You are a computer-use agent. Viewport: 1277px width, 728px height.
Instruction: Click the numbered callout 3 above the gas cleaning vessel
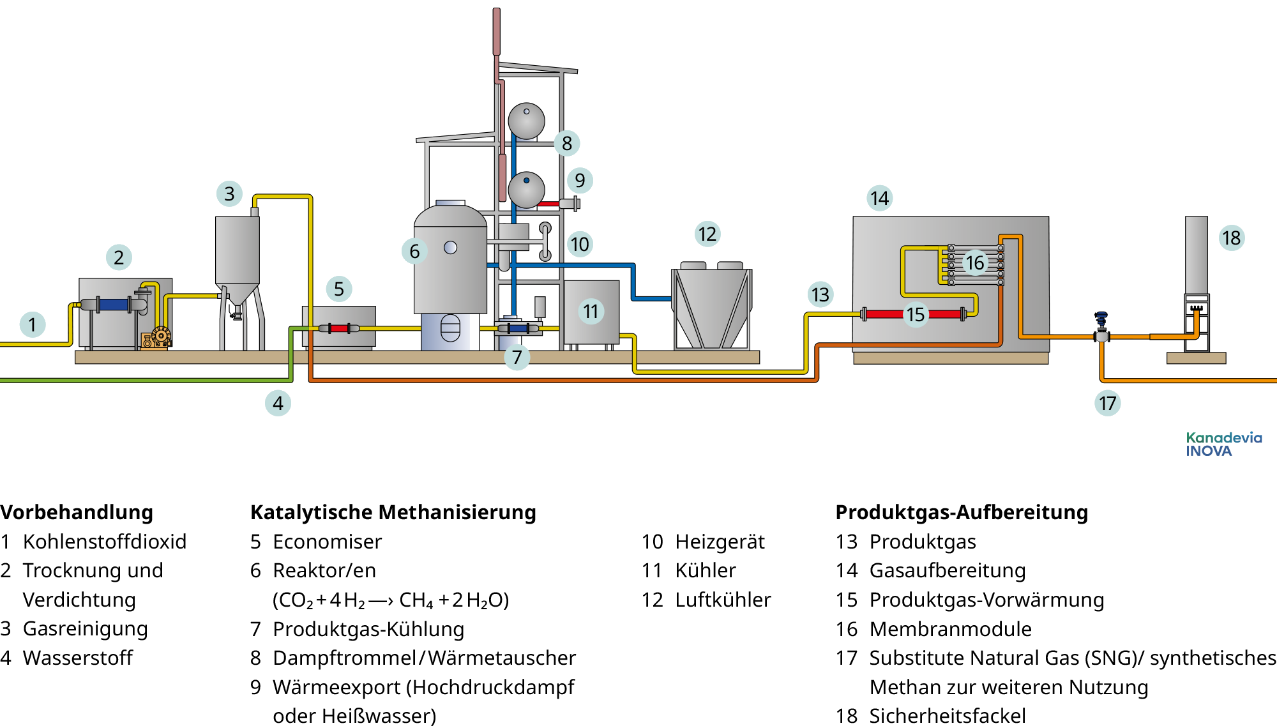(x=229, y=193)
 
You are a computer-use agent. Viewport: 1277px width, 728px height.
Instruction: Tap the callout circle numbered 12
(x=707, y=234)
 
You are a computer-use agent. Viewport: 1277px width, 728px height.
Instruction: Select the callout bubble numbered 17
(x=1107, y=403)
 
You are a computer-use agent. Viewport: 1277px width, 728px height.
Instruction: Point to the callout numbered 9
(x=580, y=181)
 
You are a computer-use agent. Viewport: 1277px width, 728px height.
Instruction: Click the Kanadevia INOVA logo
(x=1223, y=444)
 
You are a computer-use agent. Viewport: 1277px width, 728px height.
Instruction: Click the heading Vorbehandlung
(x=77, y=512)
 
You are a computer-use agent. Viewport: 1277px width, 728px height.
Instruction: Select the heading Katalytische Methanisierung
(x=393, y=512)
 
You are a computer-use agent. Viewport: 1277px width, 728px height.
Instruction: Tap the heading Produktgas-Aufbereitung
(x=962, y=512)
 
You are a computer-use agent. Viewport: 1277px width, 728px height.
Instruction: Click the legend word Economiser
(x=327, y=542)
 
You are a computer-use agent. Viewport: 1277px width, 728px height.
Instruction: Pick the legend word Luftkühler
(x=723, y=600)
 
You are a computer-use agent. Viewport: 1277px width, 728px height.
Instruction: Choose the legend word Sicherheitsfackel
(x=948, y=716)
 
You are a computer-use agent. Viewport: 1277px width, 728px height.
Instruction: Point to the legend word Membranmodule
(x=950, y=629)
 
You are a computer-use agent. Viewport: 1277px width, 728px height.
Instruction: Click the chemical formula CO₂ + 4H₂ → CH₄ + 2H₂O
(x=391, y=600)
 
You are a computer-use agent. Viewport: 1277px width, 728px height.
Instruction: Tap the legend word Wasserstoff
(x=78, y=658)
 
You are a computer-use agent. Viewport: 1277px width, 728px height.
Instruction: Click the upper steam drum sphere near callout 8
(x=526, y=121)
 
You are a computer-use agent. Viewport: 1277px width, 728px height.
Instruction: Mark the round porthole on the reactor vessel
(x=450, y=247)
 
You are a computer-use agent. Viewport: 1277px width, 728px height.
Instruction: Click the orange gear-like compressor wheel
(x=161, y=335)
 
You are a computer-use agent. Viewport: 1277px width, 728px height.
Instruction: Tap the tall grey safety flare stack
(x=1196, y=255)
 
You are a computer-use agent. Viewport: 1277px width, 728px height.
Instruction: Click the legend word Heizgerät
(x=720, y=542)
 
